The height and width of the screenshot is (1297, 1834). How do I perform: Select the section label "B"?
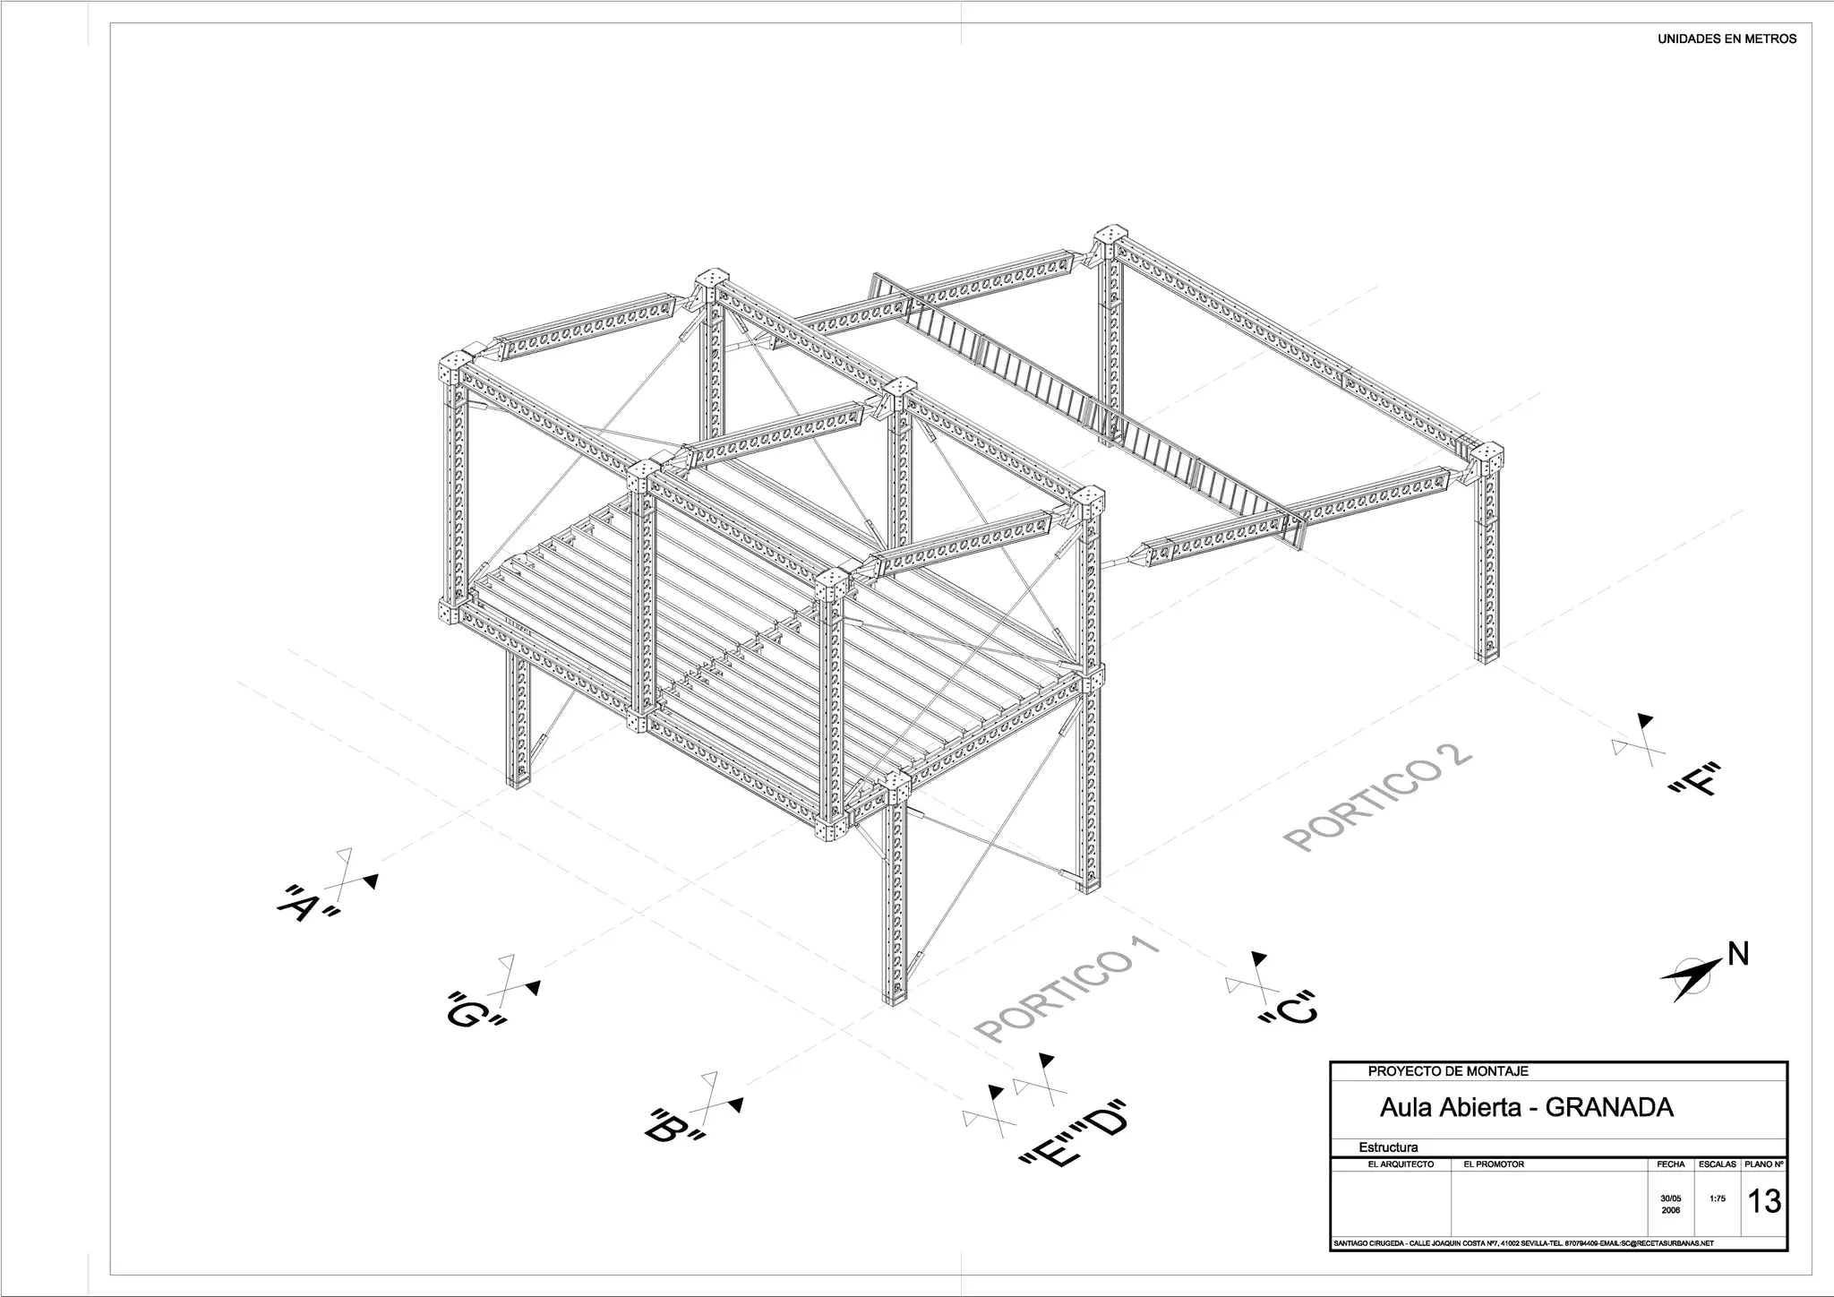pyautogui.click(x=674, y=1126)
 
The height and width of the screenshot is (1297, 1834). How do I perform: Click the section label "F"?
pyautogui.click(x=1695, y=778)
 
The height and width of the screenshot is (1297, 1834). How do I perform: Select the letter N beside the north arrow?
pyautogui.click(x=1737, y=955)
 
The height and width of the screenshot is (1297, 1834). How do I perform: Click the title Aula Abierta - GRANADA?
pyautogui.click(x=1526, y=1108)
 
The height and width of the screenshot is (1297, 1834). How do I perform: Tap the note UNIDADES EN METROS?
pyautogui.click(x=1727, y=39)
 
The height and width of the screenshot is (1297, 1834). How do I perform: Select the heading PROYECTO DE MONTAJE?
pyautogui.click(x=1448, y=1071)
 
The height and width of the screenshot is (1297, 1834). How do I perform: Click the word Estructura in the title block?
pyautogui.click(x=1388, y=1147)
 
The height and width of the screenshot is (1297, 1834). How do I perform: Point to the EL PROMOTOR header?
pyautogui.click(x=1493, y=1164)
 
